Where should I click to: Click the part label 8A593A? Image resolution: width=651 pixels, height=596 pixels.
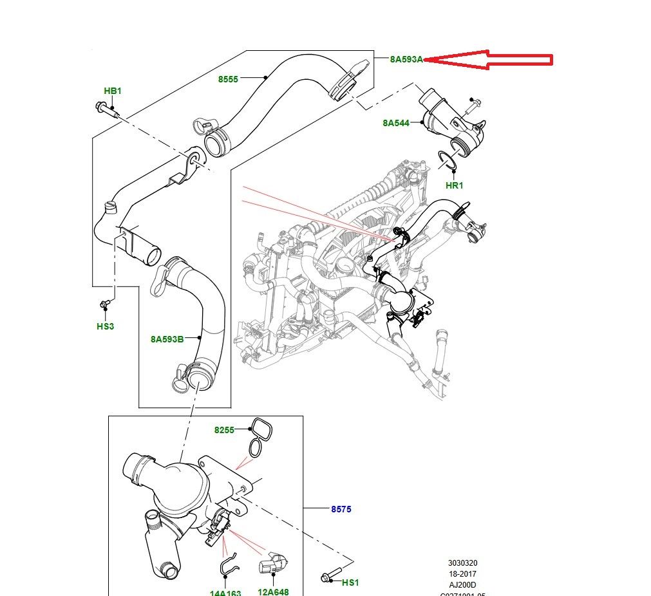point(406,60)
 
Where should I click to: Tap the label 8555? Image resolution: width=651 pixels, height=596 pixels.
point(228,79)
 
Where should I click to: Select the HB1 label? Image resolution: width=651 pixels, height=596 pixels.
point(113,91)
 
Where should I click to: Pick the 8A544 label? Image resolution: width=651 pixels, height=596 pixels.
point(396,122)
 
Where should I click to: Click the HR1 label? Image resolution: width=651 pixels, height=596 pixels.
point(455,185)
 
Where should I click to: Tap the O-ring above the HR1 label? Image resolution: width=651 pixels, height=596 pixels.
point(449,161)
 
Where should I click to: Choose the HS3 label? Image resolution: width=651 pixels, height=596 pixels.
point(105,326)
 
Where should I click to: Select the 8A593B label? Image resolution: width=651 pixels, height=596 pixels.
point(167,339)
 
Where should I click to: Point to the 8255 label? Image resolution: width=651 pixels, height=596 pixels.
point(225,429)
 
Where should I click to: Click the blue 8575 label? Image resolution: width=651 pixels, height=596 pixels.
point(341,509)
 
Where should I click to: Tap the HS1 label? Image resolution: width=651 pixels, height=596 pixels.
point(350,582)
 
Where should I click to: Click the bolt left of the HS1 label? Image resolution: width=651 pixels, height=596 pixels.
point(329,577)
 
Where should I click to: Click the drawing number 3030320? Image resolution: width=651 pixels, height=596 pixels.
point(464,563)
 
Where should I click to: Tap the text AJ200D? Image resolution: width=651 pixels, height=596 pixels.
point(464,584)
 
